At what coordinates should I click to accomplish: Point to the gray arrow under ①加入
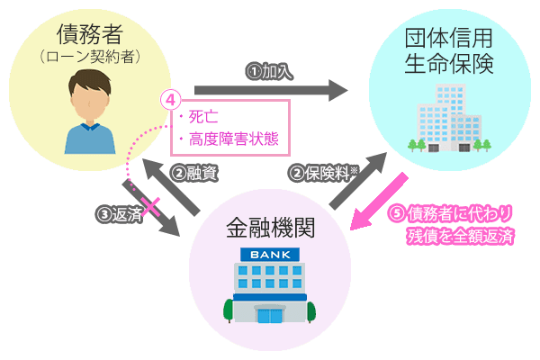pyautogui.click(x=270, y=90)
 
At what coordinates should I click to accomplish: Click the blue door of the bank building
pyautogui.click(x=269, y=314)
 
